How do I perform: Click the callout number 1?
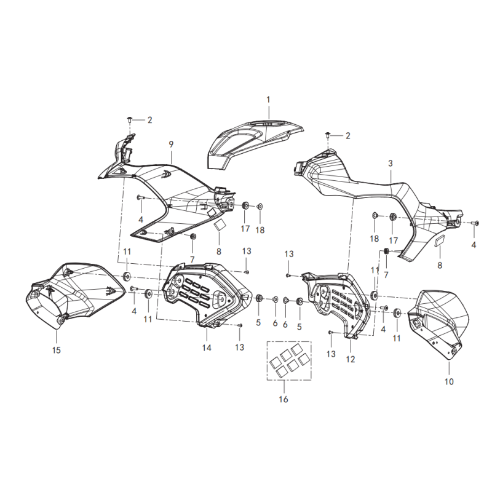tap(268, 100)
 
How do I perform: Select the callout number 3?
tap(391, 164)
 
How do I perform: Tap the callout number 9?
tap(171, 145)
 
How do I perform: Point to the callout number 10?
tap(449, 381)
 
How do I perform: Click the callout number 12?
tap(351, 359)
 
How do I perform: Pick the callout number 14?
tap(207, 347)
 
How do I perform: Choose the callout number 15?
tap(57, 350)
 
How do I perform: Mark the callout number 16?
tap(284, 399)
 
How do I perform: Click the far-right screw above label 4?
tap(475, 223)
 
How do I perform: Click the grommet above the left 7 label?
tap(193, 236)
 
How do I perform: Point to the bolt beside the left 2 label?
tap(130, 120)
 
